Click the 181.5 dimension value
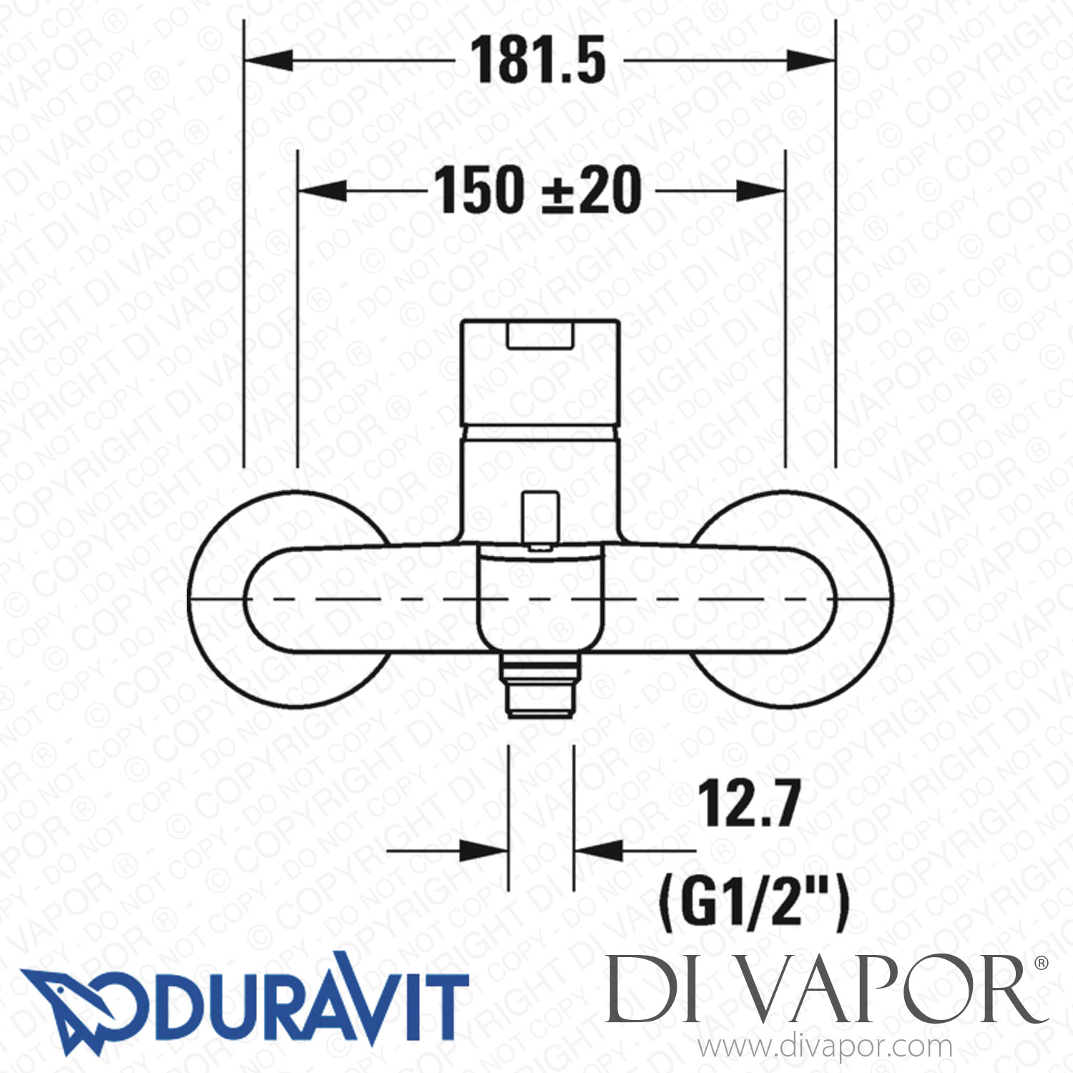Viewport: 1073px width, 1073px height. pyautogui.click(x=538, y=61)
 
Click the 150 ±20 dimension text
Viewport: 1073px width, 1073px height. pyautogui.click(x=538, y=190)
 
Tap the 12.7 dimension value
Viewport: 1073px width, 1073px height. pyautogui.click(x=748, y=804)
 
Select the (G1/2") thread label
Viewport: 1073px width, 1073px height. pyautogui.click(x=754, y=904)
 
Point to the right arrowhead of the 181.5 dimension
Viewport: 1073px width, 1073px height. pyautogui.click(x=810, y=61)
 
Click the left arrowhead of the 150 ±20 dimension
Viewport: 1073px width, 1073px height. pyautogui.click(x=323, y=190)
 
